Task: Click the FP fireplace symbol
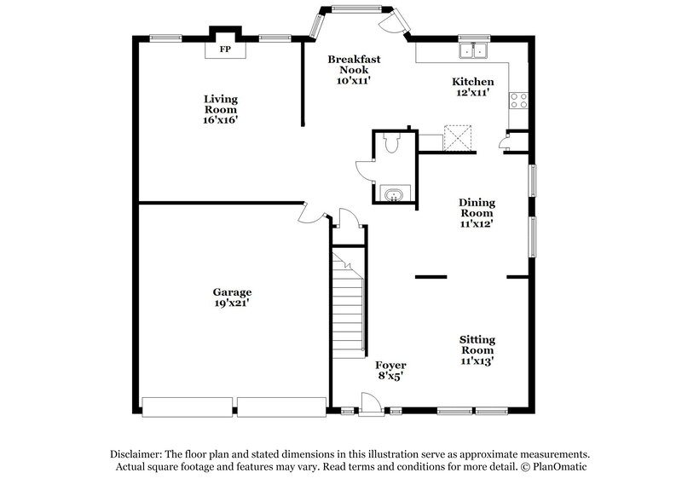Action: tap(226, 49)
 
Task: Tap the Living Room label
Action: tap(220, 105)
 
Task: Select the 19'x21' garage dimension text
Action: tap(232, 303)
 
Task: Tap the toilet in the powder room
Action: tap(392, 144)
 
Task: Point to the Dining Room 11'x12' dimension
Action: tap(477, 224)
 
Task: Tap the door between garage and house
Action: tap(313, 212)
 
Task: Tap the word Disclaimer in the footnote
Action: tap(137, 454)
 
